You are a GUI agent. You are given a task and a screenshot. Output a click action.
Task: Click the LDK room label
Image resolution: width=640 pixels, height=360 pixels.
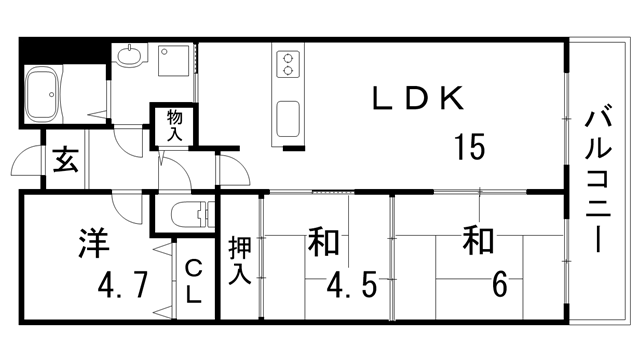[418, 99]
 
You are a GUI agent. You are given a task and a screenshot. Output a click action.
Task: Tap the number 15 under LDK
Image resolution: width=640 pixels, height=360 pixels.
[469, 147]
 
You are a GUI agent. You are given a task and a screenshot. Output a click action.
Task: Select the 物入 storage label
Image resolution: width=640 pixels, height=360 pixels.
[174, 125]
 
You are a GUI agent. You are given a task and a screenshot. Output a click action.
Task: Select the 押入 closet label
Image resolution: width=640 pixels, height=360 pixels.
[240, 260]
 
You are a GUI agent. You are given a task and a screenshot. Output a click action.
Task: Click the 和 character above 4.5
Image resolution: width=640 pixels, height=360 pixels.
[322, 242]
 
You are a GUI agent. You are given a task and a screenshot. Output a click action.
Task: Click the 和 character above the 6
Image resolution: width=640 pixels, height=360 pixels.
[479, 240]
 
